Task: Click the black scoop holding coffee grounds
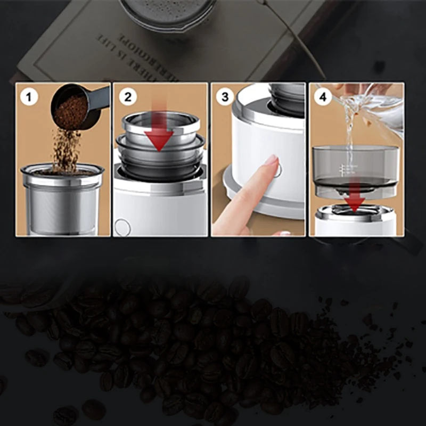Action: pyautogui.click(x=75, y=106)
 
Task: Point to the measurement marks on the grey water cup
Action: pyautogui.click(x=343, y=169)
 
